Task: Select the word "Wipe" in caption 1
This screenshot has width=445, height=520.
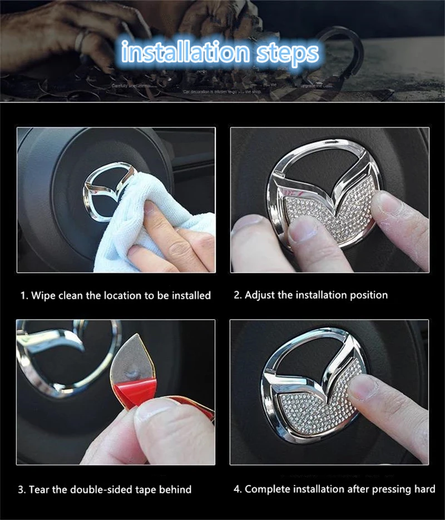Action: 43,295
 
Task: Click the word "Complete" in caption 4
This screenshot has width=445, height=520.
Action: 266,489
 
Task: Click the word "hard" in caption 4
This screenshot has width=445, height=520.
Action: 424,489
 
